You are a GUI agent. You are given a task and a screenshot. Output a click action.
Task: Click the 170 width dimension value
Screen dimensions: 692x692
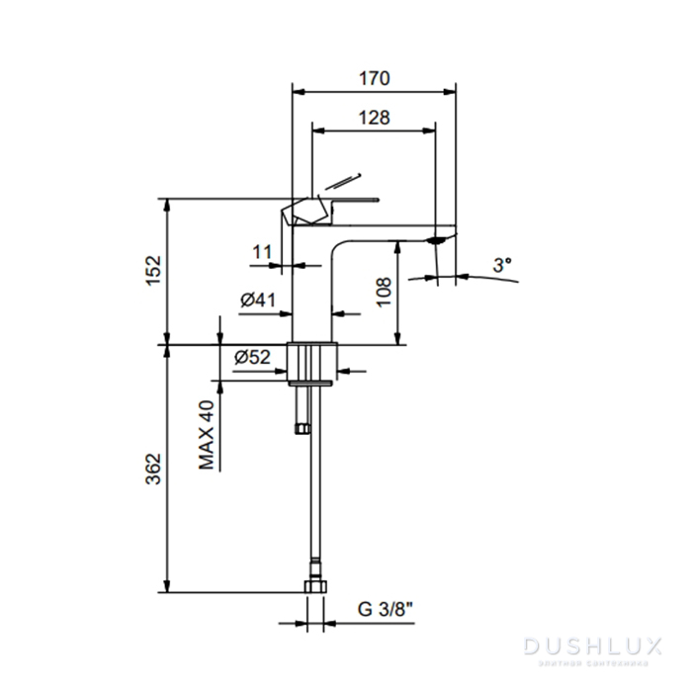click(375, 78)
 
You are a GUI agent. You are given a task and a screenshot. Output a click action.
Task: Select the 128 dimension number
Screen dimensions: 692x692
click(375, 118)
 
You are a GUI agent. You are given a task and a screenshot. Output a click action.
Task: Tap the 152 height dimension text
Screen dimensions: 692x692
click(154, 271)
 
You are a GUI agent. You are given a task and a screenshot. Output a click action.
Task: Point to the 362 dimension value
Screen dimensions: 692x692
click(153, 469)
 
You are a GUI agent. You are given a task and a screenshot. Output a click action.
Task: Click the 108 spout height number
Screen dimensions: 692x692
click(384, 292)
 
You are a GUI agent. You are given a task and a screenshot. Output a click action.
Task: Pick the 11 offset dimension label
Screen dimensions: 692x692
click(262, 252)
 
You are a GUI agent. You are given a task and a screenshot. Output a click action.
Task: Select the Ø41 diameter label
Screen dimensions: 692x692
click(258, 301)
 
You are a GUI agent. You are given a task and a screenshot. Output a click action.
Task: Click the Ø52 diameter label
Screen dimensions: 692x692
click(252, 357)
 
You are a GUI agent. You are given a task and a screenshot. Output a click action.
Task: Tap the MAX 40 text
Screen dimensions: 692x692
click(206, 435)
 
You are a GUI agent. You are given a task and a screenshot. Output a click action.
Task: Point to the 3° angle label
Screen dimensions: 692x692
click(502, 265)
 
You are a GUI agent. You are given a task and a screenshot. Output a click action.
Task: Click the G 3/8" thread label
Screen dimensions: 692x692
click(386, 610)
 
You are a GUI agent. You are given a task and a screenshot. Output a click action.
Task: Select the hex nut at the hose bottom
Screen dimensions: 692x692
click(315, 586)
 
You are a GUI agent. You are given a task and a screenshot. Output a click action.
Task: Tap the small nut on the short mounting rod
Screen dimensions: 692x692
click(303, 428)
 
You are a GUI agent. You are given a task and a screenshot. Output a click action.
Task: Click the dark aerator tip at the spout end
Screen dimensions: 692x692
click(437, 240)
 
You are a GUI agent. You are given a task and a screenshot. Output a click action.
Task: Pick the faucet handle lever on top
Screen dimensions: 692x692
click(331, 211)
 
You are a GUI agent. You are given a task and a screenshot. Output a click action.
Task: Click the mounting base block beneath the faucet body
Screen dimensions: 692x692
click(312, 362)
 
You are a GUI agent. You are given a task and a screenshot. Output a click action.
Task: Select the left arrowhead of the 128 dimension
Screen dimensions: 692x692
click(318, 131)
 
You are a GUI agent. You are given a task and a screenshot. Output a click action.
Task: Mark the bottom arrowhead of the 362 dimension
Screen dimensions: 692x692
click(167, 586)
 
